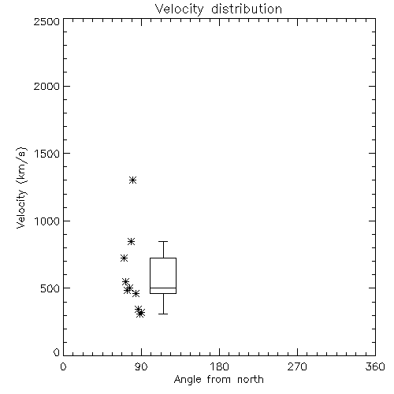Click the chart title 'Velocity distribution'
click(218, 9)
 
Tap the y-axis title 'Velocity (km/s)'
click(21, 188)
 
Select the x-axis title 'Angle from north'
click(218, 380)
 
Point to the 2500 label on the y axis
click(46, 21)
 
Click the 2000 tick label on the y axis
click(46, 86)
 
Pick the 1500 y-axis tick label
click(47, 154)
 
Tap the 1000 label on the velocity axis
click(47, 221)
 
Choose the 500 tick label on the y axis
click(50, 288)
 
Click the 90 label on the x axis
click(141, 366)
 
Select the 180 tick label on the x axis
click(219, 366)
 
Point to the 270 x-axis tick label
click(297, 366)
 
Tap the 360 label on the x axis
click(375, 366)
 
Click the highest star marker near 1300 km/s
click(133, 180)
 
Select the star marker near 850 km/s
click(132, 241)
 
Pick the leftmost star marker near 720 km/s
click(124, 258)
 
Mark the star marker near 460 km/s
click(136, 293)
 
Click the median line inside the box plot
click(163, 288)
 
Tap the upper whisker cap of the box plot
click(163, 241)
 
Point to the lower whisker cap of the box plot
click(163, 314)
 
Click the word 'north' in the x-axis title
click(251, 380)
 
